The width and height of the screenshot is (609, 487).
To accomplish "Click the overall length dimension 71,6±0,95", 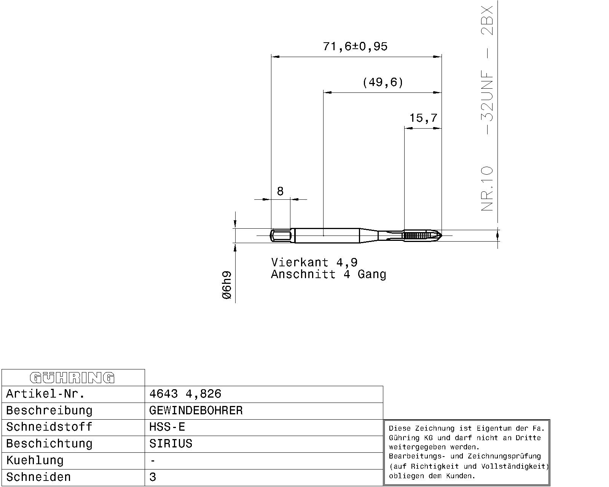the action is pos(355,46).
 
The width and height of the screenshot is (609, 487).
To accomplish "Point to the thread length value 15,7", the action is pos(423,118).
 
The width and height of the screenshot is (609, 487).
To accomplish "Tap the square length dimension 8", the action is pos(280,191).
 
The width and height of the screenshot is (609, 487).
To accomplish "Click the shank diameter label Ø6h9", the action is pos(227,285).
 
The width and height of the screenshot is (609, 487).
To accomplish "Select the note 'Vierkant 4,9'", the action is pos(314,262).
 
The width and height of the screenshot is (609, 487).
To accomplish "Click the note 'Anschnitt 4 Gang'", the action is pos(328,274).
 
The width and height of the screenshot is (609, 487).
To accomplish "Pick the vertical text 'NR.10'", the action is pos(487,188).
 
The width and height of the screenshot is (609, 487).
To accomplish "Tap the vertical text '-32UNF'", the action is pos(487,102).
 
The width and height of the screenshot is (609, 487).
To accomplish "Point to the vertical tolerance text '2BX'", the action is pos(487,21).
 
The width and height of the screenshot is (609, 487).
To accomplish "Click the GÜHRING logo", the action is pos(72,378).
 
